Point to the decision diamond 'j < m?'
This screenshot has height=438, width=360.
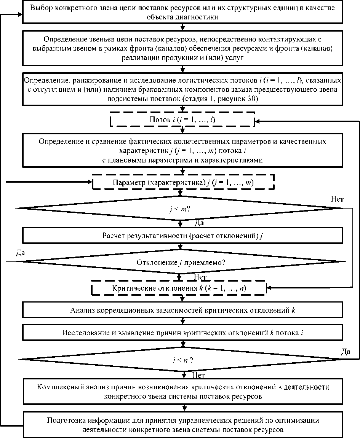pos(180,209)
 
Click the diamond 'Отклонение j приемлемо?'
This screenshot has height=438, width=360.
pos(180,262)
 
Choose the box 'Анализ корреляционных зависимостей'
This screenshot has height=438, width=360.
pos(183,310)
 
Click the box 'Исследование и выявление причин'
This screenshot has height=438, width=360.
pos(183,332)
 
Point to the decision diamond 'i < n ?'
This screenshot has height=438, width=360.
pos(180,359)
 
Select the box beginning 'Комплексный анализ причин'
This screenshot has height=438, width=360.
pos(183,392)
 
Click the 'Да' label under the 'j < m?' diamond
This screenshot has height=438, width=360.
pos(199,222)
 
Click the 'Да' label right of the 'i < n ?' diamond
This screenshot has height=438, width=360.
pos(346,351)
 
